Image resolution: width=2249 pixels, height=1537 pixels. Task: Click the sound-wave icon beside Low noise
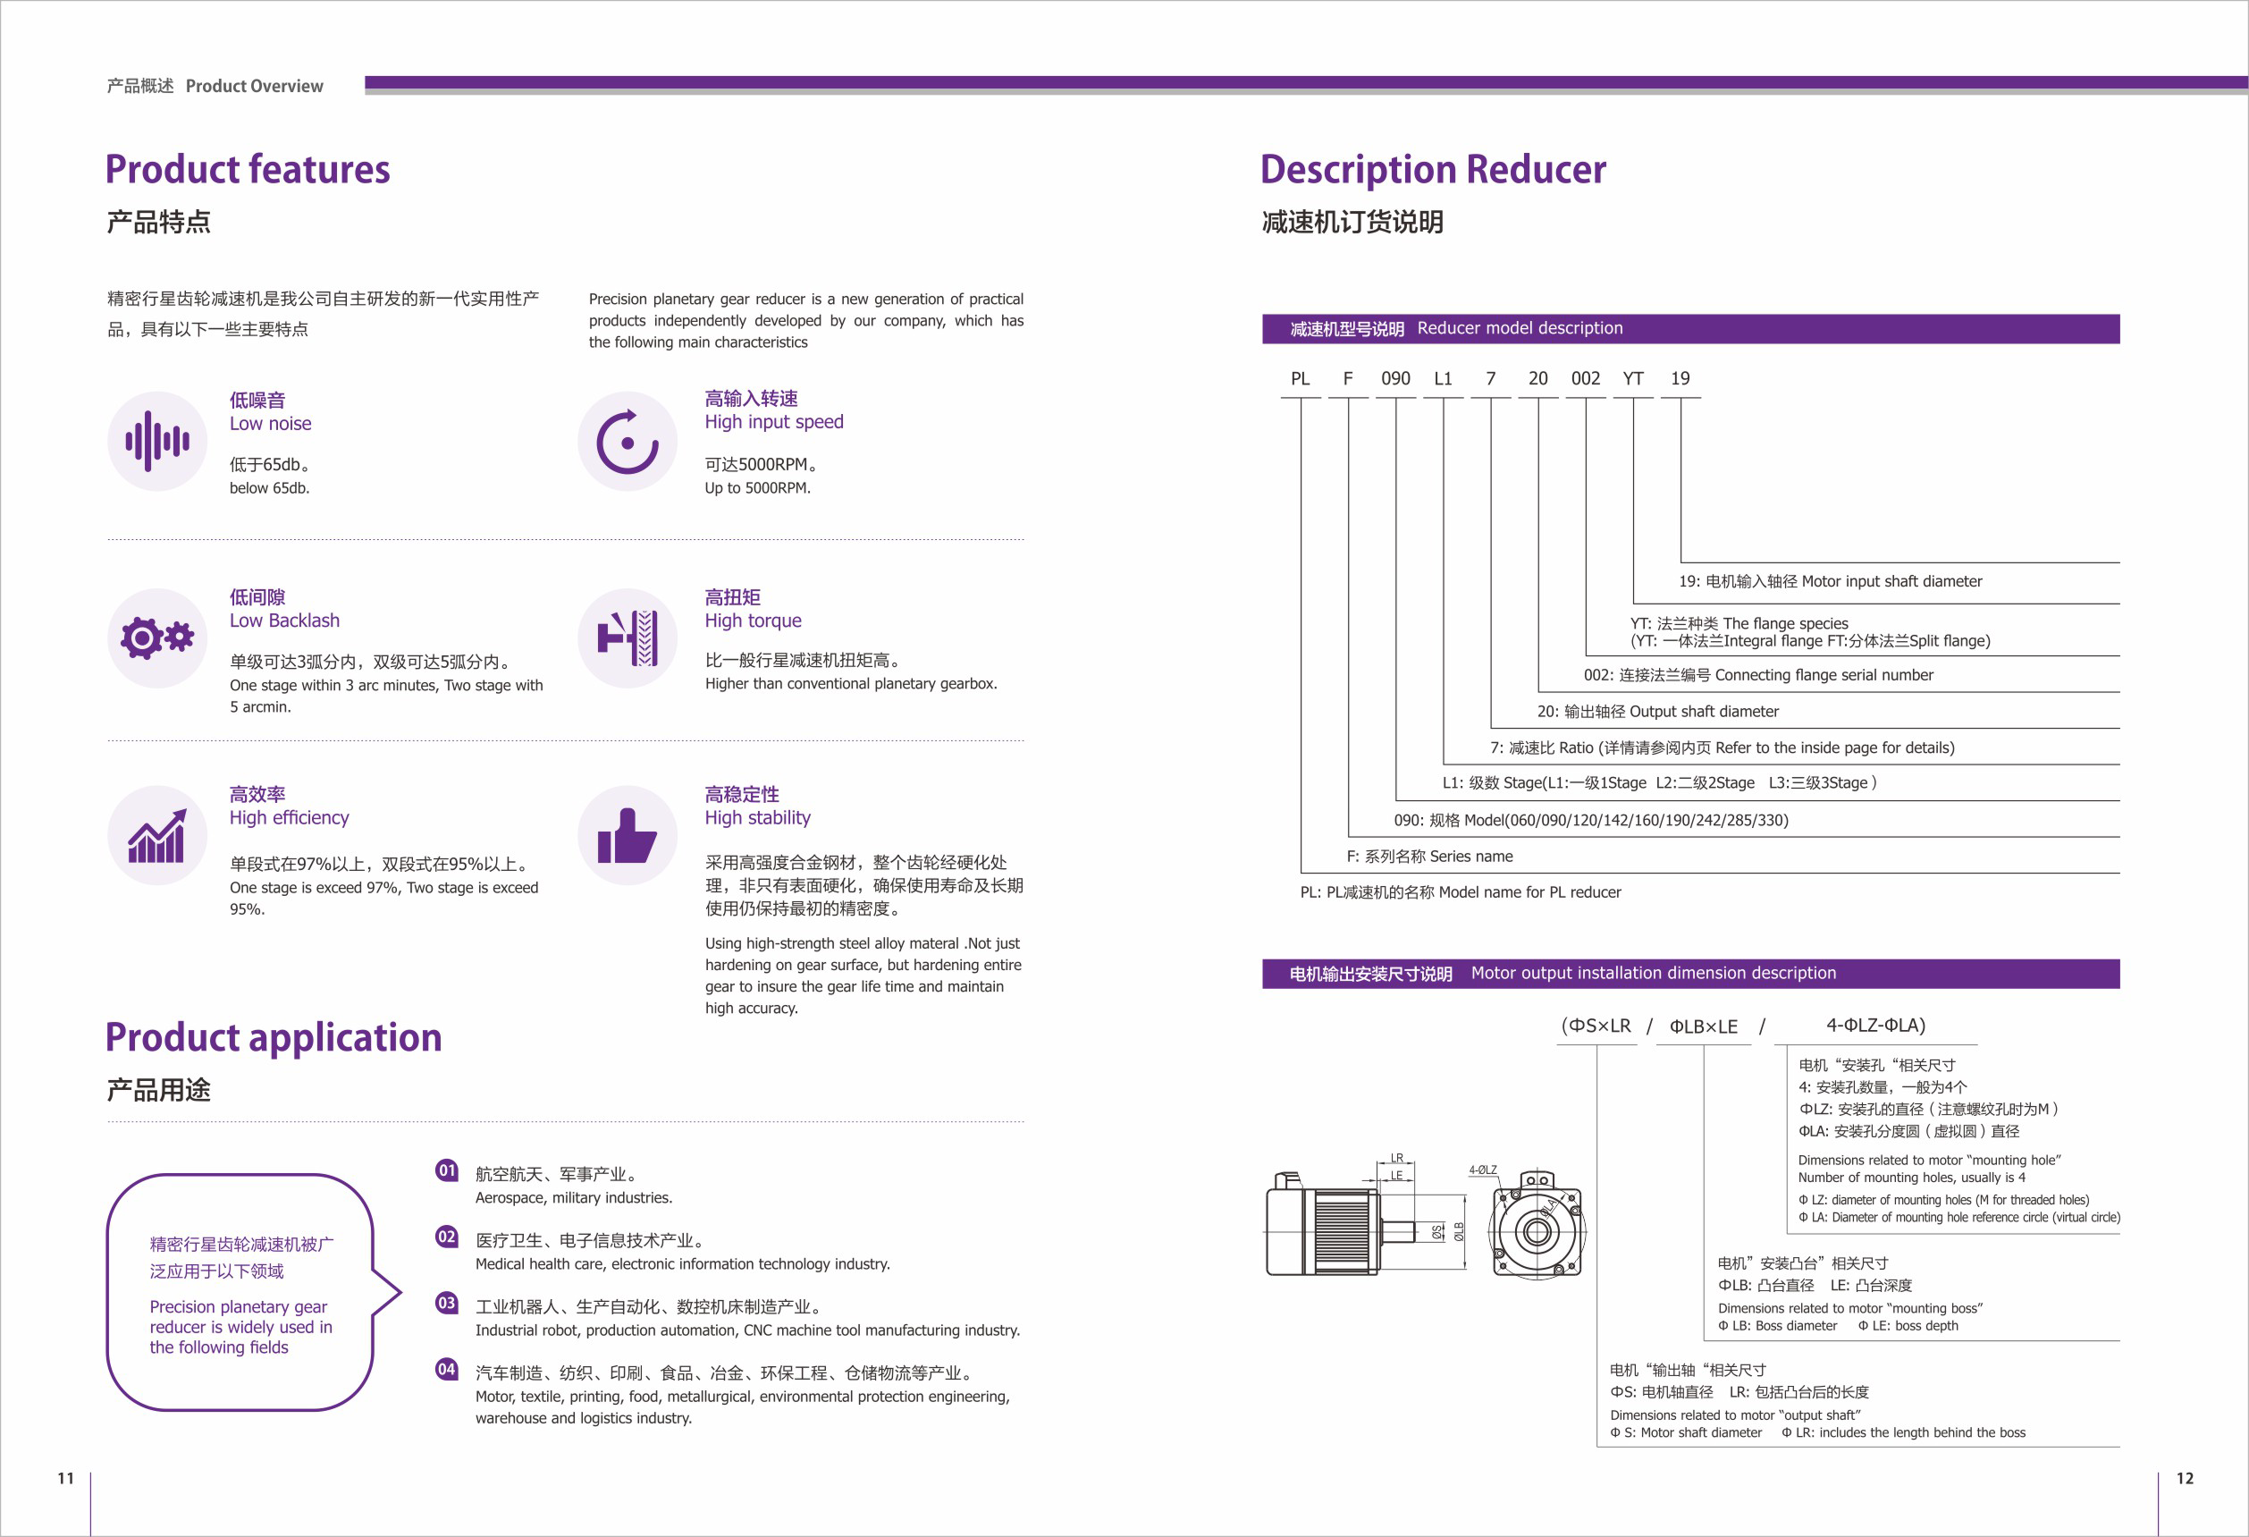point(156,442)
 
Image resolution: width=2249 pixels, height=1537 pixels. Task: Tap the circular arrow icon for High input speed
point(628,442)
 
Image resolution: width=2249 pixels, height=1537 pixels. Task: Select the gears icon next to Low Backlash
point(156,638)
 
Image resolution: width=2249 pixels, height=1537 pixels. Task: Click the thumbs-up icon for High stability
point(628,835)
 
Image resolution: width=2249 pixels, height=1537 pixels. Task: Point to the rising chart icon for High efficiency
point(156,835)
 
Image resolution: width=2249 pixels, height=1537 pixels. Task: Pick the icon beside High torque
point(628,638)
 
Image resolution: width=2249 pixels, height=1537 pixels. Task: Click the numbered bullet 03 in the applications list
point(446,1303)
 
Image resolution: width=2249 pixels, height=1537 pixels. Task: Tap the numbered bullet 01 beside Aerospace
point(446,1170)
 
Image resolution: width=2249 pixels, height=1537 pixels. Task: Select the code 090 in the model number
point(1394,378)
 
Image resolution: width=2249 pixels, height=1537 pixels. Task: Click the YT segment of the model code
point(1632,378)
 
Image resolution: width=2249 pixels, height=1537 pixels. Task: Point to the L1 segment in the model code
point(1443,378)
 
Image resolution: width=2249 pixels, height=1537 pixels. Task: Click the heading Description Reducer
point(1432,169)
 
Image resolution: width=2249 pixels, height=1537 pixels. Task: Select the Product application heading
point(273,1037)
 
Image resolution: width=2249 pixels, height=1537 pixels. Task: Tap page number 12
point(2184,1478)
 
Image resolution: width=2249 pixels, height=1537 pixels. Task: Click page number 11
point(66,1478)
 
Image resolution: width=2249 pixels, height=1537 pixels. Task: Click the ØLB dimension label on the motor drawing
point(1459,1231)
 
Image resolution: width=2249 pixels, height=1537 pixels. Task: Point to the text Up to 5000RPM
point(757,488)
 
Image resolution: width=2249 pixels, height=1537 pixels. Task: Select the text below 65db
point(269,488)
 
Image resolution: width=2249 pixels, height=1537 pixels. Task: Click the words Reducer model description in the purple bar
point(1520,328)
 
